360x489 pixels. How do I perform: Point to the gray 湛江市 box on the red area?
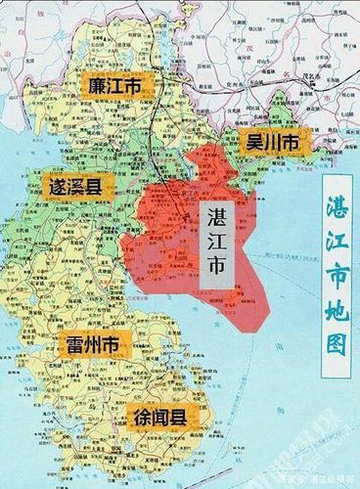214,248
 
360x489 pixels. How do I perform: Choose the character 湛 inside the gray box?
214,220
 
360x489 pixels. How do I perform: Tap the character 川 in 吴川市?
274,142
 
